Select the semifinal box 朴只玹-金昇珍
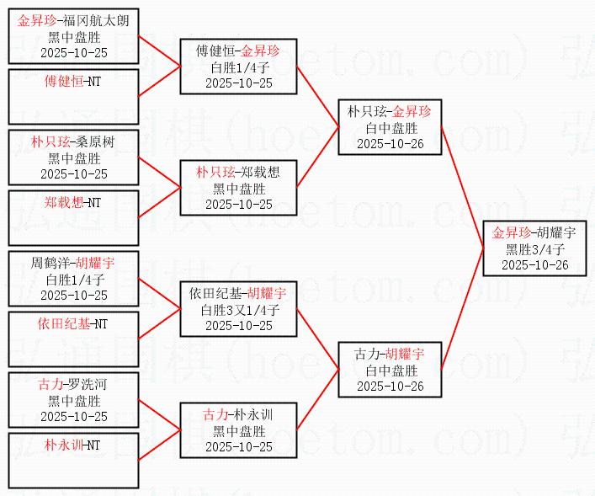click(x=389, y=127)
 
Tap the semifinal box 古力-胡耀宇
click(x=389, y=370)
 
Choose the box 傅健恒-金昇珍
click(x=239, y=67)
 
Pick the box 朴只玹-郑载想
click(x=239, y=188)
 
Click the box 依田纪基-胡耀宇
click(x=239, y=309)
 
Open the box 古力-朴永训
click(x=239, y=430)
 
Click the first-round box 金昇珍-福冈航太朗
click(x=73, y=36)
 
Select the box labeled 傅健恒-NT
click(x=73, y=97)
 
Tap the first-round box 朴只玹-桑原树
click(x=73, y=157)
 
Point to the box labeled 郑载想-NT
click(x=73, y=218)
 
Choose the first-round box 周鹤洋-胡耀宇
click(x=73, y=279)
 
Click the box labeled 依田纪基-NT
click(x=73, y=339)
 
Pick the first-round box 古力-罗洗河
click(x=73, y=400)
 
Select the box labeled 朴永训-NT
click(x=73, y=461)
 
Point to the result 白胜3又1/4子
click(x=239, y=310)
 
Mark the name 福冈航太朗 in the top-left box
click(x=96, y=21)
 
